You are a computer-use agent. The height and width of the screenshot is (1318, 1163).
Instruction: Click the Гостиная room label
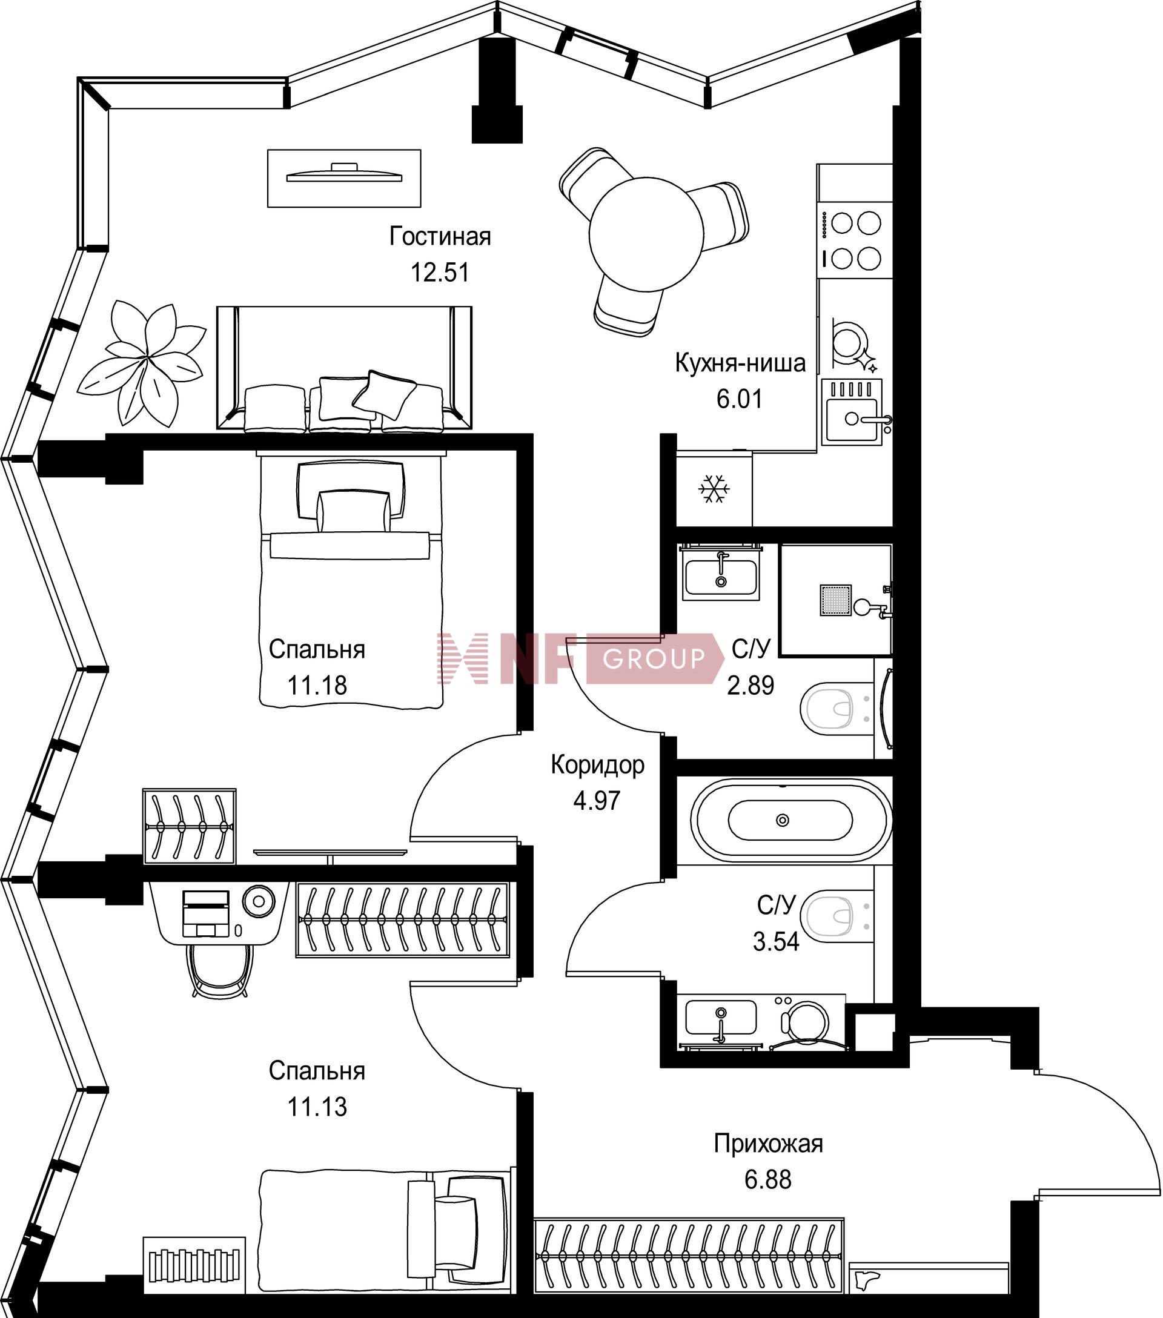[x=440, y=237]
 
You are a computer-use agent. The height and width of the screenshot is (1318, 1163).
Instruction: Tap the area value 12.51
[x=440, y=272]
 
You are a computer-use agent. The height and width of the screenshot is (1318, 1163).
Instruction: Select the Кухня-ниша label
[x=740, y=363]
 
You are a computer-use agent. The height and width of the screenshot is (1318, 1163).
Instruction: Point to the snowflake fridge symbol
[x=714, y=489]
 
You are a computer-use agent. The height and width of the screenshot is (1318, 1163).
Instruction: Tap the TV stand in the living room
[x=344, y=179]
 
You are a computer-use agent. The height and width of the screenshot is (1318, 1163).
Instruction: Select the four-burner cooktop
[x=855, y=240]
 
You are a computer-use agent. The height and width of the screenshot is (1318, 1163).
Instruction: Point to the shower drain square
[x=835, y=600]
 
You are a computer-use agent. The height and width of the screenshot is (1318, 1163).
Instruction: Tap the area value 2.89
[x=750, y=685]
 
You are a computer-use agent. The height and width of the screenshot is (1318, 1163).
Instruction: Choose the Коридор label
[x=598, y=765]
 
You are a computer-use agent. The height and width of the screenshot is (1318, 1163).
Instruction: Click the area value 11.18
[x=317, y=685]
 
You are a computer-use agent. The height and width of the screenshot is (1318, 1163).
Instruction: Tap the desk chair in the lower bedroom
[x=219, y=971]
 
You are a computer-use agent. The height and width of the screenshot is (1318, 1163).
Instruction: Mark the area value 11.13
[x=317, y=1107]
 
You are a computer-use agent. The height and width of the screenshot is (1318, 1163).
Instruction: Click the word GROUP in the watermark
[x=653, y=658]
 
